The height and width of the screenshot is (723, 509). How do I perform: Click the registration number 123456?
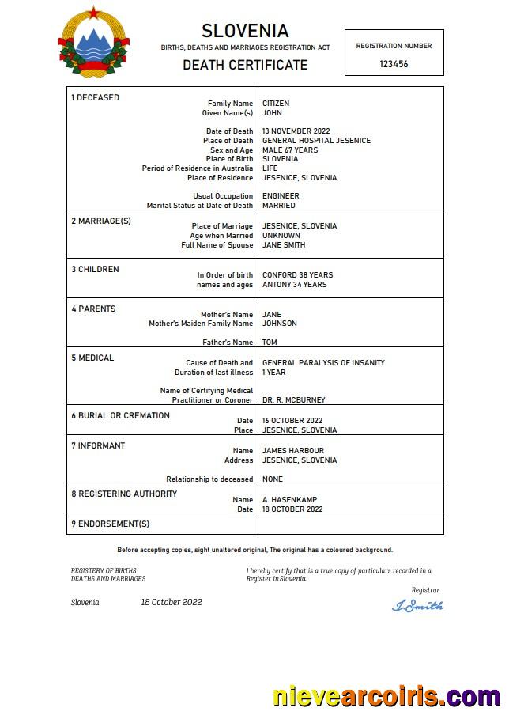tap(394, 64)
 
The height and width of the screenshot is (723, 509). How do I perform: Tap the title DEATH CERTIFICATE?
tap(245, 65)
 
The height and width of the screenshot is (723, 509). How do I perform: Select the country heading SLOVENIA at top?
tap(245, 32)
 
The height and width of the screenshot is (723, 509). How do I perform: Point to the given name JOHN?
tap(272, 113)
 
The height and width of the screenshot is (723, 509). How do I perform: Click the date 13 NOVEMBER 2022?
tap(296, 131)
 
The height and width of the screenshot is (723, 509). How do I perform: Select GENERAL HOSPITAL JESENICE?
tap(316, 141)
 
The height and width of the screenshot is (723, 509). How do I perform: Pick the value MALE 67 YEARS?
tap(290, 150)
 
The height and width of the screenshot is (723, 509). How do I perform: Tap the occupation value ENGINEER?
tap(281, 196)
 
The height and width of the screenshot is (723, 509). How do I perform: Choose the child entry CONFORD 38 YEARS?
tap(297, 275)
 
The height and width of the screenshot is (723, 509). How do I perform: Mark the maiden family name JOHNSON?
tap(280, 324)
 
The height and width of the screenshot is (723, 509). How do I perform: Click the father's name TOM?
tap(270, 343)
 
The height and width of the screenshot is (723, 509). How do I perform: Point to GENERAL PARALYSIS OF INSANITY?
tap(323, 363)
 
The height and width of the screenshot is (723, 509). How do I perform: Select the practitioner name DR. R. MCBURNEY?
tap(293, 400)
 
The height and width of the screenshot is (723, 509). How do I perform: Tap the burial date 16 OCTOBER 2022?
tap(292, 421)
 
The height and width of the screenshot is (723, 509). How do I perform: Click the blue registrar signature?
tap(417, 606)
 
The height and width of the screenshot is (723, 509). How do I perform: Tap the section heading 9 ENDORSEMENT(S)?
tap(111, 524)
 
